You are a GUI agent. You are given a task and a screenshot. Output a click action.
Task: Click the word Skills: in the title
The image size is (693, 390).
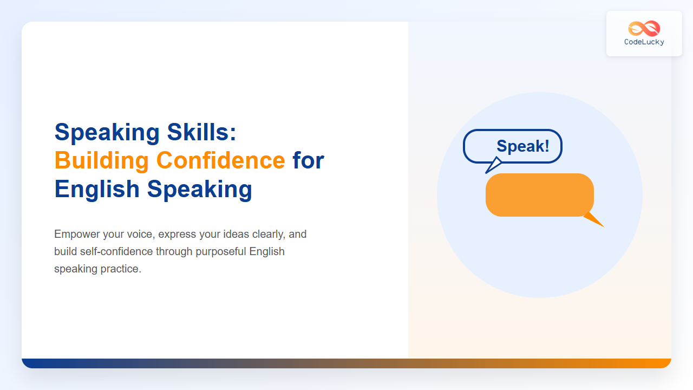click(202, 132)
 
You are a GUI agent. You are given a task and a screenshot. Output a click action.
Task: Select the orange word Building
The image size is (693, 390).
click(101, 160)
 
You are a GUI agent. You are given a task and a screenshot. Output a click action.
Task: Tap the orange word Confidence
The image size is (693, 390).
click(220, 160)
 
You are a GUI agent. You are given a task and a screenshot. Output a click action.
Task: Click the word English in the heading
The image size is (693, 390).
click(97, 189)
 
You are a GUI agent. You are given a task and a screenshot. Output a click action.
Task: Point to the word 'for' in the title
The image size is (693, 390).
click(308, 160)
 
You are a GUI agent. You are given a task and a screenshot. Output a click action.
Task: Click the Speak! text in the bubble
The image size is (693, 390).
click(522, 146)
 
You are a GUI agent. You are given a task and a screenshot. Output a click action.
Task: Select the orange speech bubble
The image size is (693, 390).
click(539, 195)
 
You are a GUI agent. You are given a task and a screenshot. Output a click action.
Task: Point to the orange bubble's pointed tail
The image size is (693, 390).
click(596, 220)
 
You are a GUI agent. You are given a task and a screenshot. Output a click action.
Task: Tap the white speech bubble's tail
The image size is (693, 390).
click(493, 166)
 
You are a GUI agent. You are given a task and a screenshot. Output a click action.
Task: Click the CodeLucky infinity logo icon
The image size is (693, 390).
click(644, 28)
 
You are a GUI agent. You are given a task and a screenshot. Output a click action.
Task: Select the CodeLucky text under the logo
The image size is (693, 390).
click(644, 42)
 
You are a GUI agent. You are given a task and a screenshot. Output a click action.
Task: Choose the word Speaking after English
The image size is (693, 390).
click(199, 189)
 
